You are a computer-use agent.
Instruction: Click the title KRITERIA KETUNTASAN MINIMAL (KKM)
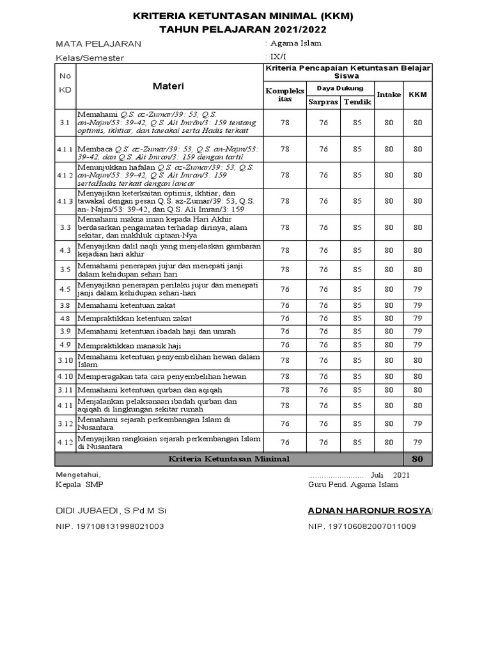pos(242,15)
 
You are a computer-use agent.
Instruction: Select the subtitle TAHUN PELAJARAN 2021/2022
pos(242,29)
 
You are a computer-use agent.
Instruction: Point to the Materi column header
pos(168,86)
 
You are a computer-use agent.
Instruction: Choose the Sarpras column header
pos(323,102)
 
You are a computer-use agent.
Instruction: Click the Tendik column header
pos(357,102)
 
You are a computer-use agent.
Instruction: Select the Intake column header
pos(389,95)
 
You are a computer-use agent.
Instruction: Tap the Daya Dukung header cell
pos(340,87)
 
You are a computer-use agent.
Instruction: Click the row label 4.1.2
pos(65,175)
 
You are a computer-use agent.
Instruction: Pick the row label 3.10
pos(65,360)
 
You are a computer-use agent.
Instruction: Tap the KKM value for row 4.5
pos(417,289)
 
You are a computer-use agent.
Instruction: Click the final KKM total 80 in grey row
pos(417,459)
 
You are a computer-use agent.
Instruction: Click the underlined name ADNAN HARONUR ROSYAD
pos(370,510)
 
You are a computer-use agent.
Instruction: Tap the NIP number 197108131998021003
pos(110,526)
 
